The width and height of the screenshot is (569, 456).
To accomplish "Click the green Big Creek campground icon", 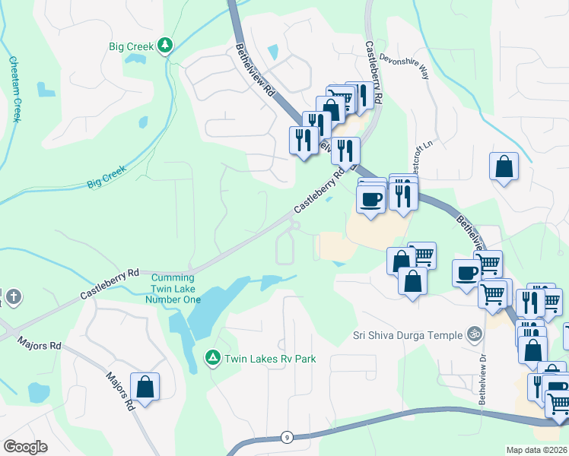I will pyautogui.click(x=164, y=46).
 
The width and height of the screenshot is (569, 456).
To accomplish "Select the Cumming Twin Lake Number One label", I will pyautogui.click(x=173, y=289).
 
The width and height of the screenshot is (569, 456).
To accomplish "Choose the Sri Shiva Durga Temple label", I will pyautogui.click(x=407, y=335).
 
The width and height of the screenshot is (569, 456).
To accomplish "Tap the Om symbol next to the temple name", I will pyautogui.click(x=474, y=334).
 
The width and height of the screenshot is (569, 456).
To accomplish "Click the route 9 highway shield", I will pyautogui.click(x=285, y=437).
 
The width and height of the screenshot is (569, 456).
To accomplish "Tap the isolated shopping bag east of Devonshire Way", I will pyautogui.click(x=504, y=166).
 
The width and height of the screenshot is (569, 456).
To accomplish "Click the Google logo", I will pyautogui.click(x=25, y=447).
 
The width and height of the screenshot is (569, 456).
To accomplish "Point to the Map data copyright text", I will pyautogui.click(x=536, y=450).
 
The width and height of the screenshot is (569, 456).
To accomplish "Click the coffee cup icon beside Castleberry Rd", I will pyautogui.click(x=370, y=199).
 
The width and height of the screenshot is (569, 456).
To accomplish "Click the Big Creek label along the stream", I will pyautogui.click(x=106, y=179).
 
